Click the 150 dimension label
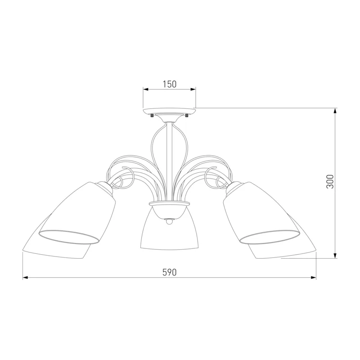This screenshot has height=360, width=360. pos(170,84)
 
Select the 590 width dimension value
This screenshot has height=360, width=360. pos(170,272)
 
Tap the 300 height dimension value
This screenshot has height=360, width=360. pos(330,182)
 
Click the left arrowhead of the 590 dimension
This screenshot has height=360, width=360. pos(25,278)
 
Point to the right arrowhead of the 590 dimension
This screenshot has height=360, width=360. pos(313,278)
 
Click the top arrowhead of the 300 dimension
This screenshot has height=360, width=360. pos(335,111)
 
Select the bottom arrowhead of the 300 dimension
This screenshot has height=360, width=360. pos(335,256)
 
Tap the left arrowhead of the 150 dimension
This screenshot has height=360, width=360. pos(146,89)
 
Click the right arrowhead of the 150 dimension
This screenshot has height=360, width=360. pos(193,89)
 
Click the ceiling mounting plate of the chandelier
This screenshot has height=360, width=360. pos(170,112)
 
